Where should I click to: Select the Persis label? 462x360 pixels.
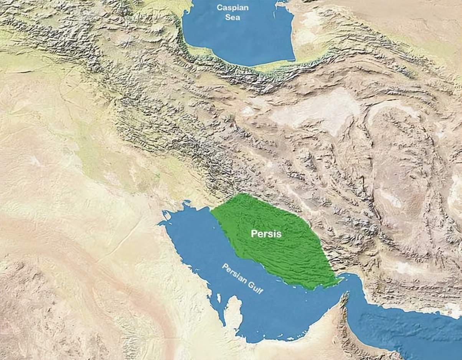tap(266, 234)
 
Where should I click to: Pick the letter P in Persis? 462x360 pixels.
tap(254, 234)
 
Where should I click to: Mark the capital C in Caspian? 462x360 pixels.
tap(219, 7)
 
